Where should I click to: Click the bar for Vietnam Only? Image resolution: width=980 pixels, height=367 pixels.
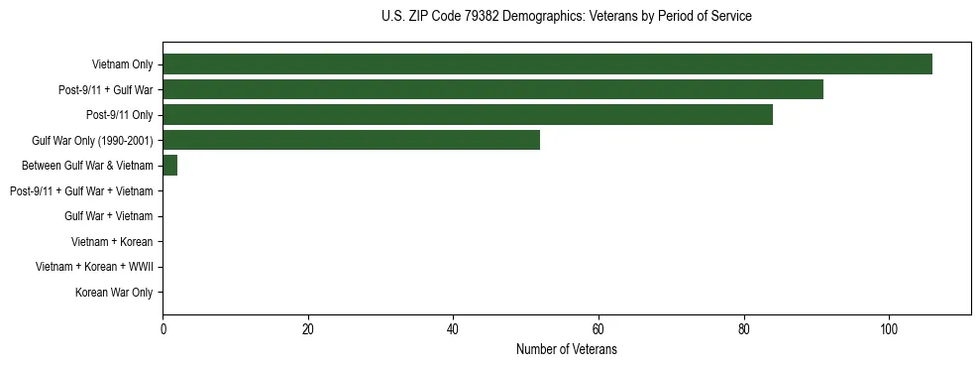(x=547, y=64)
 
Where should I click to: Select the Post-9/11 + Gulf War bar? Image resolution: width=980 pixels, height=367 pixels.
(x=492, y=90)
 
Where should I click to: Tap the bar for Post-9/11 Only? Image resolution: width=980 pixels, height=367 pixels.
(x=468, y=115)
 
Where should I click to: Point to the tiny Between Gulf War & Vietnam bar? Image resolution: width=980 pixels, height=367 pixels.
(x=169, y=166)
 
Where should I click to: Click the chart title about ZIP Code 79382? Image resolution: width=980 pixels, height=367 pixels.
(x=566, y=17)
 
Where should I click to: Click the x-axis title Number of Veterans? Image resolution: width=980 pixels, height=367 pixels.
(x=566, y=349)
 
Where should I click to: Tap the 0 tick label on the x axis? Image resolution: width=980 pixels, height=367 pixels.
(x=163, y=328)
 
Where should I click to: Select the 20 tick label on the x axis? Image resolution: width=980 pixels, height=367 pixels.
(x=308, y=328)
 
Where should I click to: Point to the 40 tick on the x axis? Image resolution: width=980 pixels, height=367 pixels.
(x=453, y=328)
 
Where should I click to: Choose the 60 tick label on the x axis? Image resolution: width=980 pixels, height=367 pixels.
(x=599, y=328)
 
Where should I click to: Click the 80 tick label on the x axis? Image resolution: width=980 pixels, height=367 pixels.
(x=743, y=328)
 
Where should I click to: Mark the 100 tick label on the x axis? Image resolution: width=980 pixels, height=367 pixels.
(x=889, y=328)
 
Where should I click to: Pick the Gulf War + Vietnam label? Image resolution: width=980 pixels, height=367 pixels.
(x=108, y=216)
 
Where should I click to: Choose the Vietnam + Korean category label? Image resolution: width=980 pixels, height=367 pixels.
(x=112, y=242)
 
